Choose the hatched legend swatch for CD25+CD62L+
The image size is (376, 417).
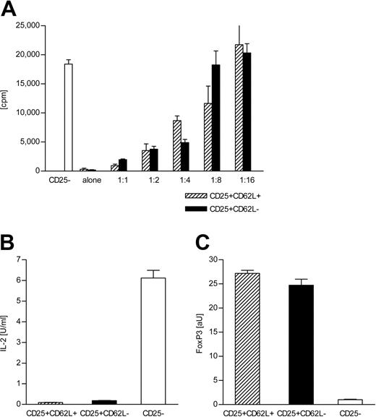point(215,196)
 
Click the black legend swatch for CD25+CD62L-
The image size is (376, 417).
point(215,210)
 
